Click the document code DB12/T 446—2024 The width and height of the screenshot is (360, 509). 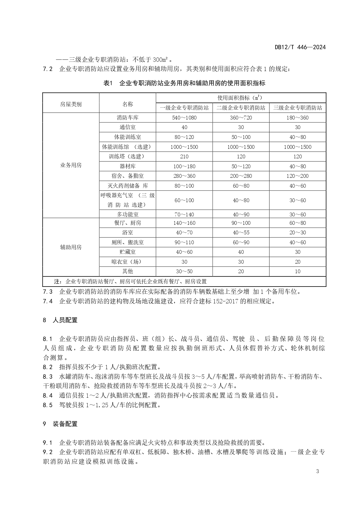pos(300,47)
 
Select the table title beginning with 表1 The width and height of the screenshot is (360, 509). pos(184,83)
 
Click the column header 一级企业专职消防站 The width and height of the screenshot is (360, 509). pos(184,108)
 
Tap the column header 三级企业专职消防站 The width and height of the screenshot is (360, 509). pos(298,108)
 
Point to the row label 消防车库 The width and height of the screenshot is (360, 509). pos(128,118)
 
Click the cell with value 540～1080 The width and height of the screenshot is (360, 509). pos(184,118)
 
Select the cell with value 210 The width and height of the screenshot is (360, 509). pos(184,157)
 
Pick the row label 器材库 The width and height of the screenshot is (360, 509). pos(128,166)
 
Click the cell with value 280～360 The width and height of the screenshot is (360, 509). pos(184,176)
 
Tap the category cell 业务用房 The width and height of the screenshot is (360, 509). pos(71,165)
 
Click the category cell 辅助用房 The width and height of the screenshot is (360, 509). pos(71,247)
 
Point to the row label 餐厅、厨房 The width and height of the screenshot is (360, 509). pos(128,223)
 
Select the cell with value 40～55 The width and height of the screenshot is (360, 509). pos(241,233)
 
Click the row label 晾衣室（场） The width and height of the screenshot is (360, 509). pos(128,262)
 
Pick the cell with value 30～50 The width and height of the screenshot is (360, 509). pos(184,271)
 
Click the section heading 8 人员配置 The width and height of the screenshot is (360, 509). pos(60,320)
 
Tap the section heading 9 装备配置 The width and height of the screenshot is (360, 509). pos(60,424)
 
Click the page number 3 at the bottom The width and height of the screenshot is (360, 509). pos(317,471)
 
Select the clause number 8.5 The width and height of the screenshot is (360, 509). pos(48,405)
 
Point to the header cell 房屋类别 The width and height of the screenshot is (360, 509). pos(71,104)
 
